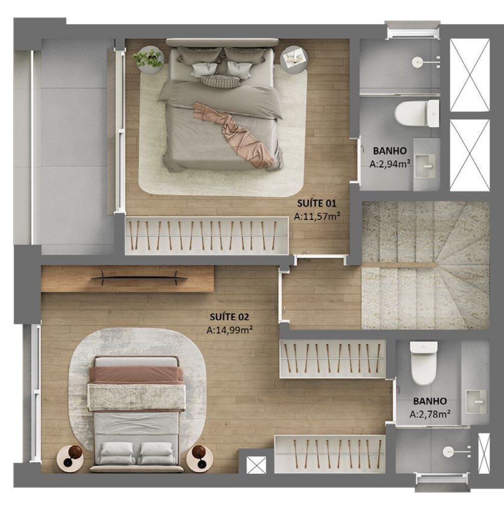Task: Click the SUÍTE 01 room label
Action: coord(317,203)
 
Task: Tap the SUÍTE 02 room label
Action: coord(229,317)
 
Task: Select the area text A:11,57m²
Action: coord(317,216)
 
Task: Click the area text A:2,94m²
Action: coord(391,164)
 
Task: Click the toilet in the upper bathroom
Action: coord(416,113)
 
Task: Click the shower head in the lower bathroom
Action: coord(449,451)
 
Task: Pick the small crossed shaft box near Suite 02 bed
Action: coord(256,466)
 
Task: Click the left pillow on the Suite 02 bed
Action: coord(117,451)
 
